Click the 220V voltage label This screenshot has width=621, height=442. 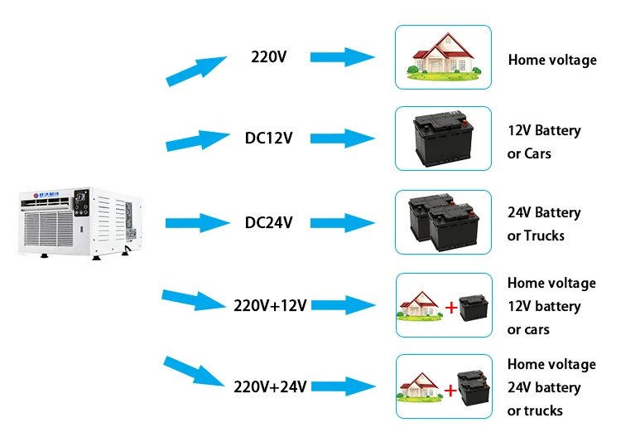269,57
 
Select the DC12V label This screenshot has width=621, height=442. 269,138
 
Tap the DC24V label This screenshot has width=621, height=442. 268,222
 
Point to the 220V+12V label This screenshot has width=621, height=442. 270,305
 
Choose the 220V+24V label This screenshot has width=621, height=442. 270,386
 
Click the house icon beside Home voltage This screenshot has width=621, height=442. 443,57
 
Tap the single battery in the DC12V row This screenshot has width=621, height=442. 443,138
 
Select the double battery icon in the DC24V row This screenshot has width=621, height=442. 443,221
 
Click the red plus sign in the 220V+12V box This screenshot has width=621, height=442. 450,308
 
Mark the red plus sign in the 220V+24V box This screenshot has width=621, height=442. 450,389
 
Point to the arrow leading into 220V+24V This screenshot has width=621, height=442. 195,372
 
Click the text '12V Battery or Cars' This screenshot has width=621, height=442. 544,142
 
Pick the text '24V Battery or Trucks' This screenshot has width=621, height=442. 544,224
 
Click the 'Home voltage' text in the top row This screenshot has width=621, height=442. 551,60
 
